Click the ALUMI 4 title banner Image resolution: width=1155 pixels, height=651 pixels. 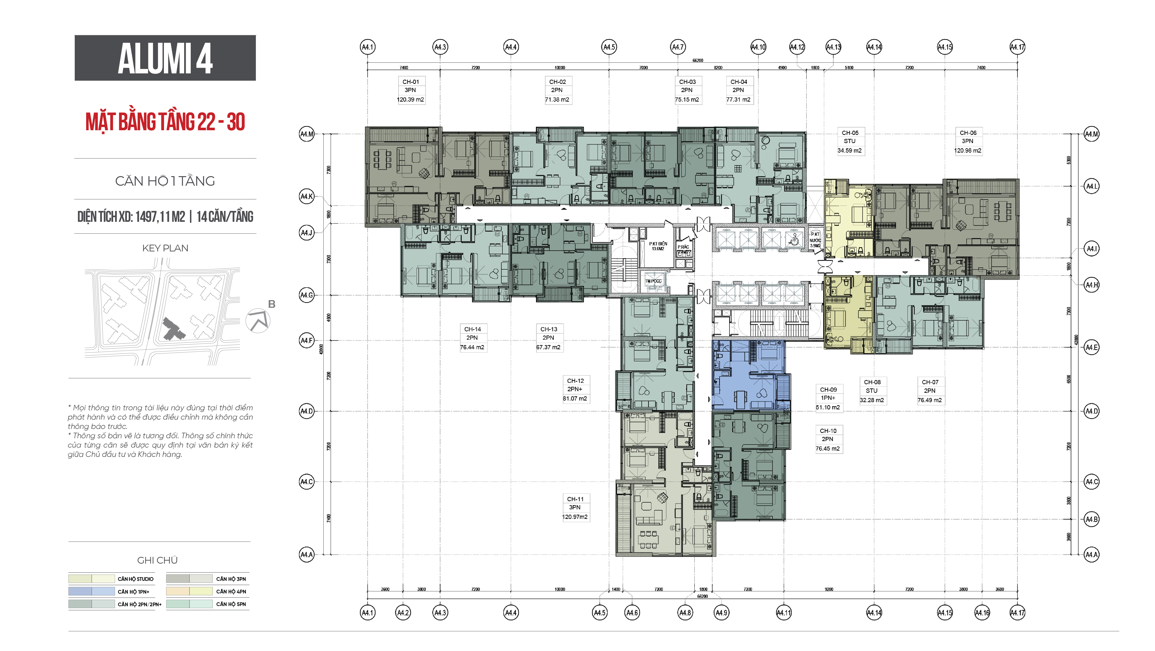click(165, 58)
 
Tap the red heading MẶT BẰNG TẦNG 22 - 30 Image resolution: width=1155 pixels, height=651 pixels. click(165, 122)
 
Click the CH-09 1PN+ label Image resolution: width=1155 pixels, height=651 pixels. click(828, 398)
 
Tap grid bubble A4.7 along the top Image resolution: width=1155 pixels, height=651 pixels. click(677, 47)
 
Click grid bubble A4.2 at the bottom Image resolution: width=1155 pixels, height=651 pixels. click(403, 612)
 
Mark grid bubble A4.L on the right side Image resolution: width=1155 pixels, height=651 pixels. click(1091, 186)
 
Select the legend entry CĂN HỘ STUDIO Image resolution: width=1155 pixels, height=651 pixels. click(135, 579)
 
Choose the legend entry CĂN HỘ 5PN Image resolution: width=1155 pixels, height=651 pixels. click(231, 604)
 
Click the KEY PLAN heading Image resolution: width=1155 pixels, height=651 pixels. click(165, 248)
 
